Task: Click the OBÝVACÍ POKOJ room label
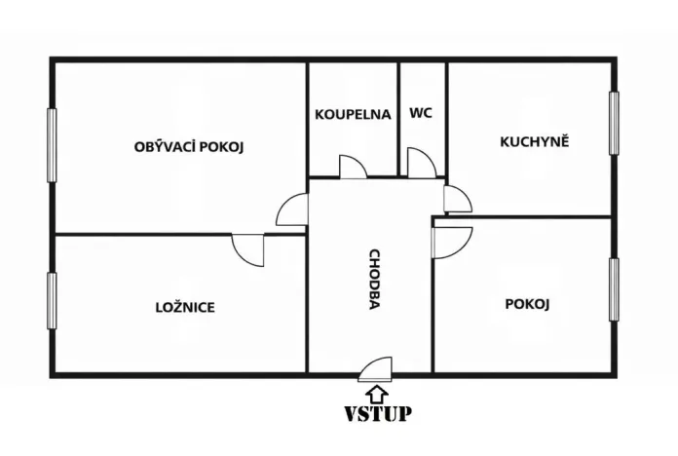click(x=188, y=147)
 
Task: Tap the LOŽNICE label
click(x=185, y=307)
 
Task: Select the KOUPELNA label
click(x=353, y=114)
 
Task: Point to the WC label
click(x=421, y=113)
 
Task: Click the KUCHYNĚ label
click(x=534, y=141)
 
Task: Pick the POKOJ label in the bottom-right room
click(x=528, y=304)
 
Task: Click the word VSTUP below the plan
click(x=377, y=413)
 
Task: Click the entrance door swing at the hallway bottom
click(x=376, y=367)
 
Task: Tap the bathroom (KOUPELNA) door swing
click(x=352, y=166)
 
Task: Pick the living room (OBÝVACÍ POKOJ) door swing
click(x=293, y=209)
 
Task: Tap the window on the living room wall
click(x=52, y=145)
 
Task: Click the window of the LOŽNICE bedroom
click(x=52, y=301)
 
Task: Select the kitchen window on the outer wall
click(x=614, y=123)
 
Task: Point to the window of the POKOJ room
click(x=614, y=289)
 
